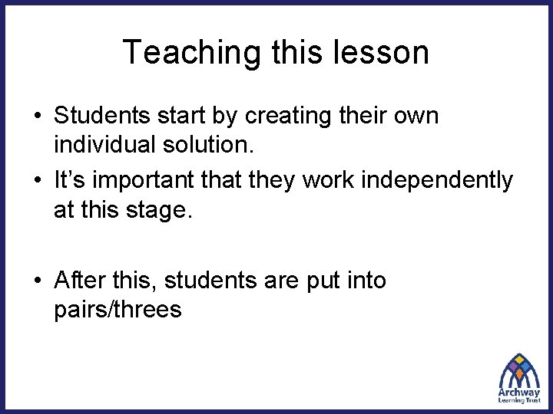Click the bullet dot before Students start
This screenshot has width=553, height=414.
coord(37,117)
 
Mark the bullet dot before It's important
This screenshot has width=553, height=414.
coord(37,181)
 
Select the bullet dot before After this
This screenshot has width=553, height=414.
coord(37,281)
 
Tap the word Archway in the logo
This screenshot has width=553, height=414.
coord(519,391)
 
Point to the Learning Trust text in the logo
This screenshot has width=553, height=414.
coord(519,400)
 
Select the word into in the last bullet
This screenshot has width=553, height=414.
coord(364,281)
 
